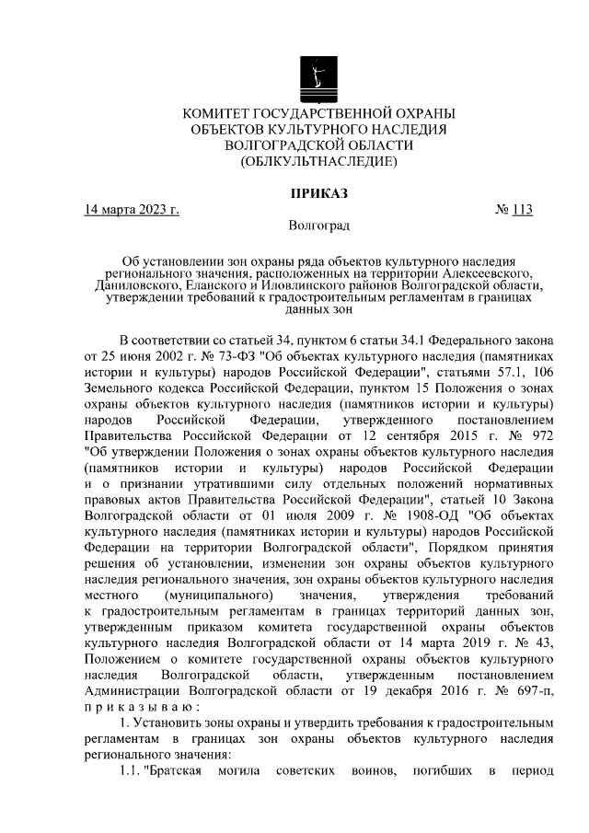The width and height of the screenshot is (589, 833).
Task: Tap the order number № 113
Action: (x=514, y=209)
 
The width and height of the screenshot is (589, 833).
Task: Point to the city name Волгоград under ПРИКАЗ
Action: (x=319, y=226)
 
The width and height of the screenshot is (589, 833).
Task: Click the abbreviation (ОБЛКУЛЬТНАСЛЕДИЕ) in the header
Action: (x=319, y=161)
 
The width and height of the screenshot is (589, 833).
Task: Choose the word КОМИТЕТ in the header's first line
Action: (x=222, y=113)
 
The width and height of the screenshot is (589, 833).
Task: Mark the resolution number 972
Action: (x=538, y=436)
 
